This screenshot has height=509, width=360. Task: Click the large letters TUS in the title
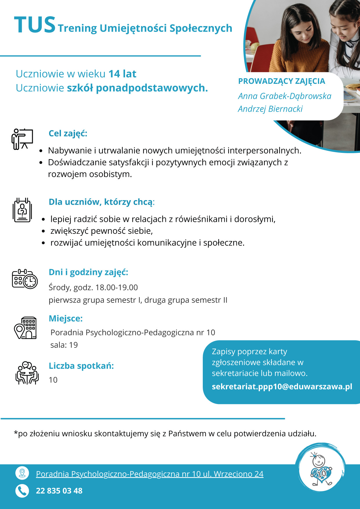coord(35,25)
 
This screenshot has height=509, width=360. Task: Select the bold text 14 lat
coord(122,74)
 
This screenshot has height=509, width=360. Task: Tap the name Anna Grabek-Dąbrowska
coord(285,96)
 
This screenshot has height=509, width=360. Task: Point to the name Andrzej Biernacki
coord(270,109)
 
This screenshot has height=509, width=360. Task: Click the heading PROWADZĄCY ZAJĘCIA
coord(281,81)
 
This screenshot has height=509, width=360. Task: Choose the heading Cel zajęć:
coord(68,133)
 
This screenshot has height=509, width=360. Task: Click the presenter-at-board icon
coord(22,139)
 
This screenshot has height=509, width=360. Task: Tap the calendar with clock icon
coord(25,279)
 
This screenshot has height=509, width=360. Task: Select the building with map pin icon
coord(25,328)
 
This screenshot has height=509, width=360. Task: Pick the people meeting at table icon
coord(27,373)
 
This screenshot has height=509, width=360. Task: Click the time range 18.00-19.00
coord(117,287)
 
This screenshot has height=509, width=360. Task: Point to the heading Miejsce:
coord(66,318)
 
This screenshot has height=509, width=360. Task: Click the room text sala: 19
coord(64,345)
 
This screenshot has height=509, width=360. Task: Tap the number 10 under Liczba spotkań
coord(53,380)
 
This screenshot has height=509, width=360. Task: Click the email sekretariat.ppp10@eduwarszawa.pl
coord(282,387)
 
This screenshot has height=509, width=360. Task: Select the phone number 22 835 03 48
coord(59,491)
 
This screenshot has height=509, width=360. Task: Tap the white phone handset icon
coord(22,491)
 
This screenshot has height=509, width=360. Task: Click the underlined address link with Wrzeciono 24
coord(150,474)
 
